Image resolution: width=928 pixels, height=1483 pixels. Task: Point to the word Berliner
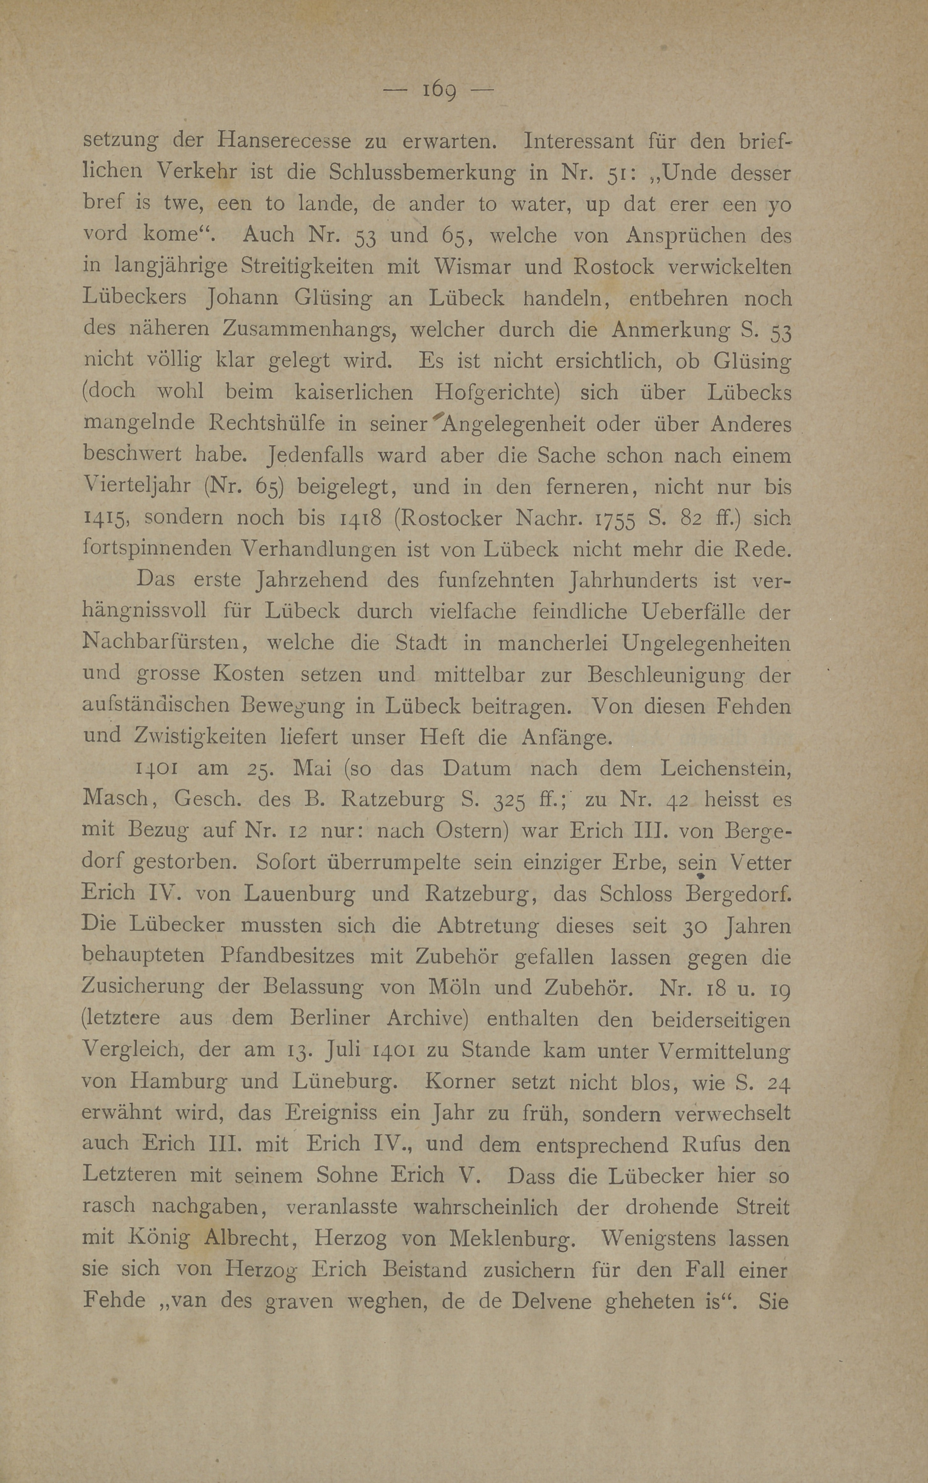pyautogui.click(x=330, y=1019)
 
